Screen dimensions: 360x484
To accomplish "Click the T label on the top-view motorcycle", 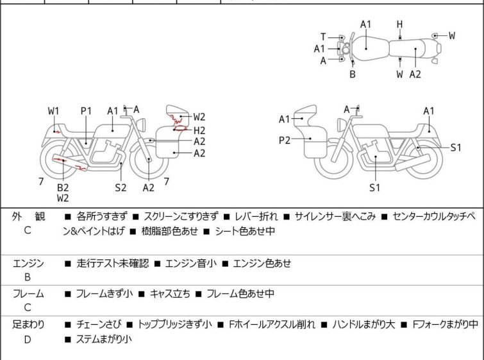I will click(323, 37).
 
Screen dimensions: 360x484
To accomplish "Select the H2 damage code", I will click(199, 130).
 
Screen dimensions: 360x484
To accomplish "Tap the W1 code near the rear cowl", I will click(54, 111).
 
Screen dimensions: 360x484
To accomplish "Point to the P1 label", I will click(87, 111).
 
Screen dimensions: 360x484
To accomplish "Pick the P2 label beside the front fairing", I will click(285, 139).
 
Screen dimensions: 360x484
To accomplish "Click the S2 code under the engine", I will click(121, 187).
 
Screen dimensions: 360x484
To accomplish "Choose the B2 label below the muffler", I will click(63, 187).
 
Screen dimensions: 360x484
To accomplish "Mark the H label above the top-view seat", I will click(399, 24).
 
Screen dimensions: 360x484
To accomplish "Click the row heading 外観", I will click(28, 217).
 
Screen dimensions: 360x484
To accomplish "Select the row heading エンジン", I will click(28, 263).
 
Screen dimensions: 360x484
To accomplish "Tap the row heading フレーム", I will click(28, 294).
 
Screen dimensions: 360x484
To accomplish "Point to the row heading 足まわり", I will click(28, 325).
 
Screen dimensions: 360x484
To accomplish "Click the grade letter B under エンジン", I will click(28, 278).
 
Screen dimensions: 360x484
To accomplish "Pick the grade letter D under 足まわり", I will click(28, 339).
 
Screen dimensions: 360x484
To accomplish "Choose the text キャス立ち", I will click(170, 294).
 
